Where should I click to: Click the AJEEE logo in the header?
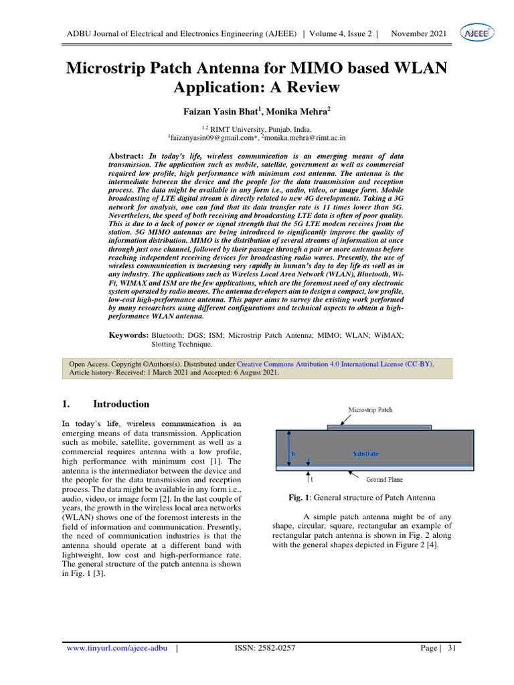tap(476, 33)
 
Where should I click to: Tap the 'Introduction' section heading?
tap(121, 404)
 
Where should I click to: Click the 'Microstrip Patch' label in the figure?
tap(370, 409)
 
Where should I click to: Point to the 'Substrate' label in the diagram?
tap(365, 454)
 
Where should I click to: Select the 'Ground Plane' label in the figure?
tap(384, 480)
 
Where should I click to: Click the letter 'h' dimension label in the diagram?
tap(292, 454)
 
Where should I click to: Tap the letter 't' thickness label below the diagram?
tap(312, 480)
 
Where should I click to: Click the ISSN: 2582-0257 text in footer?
tap(265, 648)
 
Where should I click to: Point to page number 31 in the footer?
tap(451, 648)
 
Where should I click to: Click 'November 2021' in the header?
tap(419, 33)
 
